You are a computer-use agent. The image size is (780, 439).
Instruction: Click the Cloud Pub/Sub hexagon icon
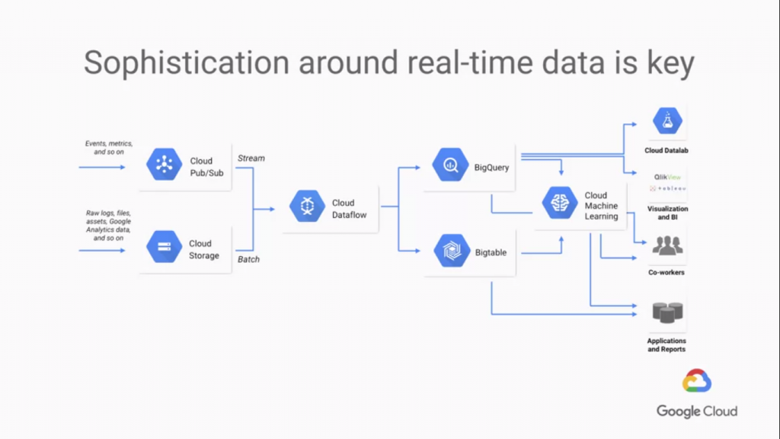coord(164,165)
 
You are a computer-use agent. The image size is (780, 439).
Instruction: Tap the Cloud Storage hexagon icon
coord(164,247)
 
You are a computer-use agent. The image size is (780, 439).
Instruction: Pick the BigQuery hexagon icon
coord(449,165)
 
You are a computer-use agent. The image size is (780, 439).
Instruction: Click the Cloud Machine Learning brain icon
coord(559,203)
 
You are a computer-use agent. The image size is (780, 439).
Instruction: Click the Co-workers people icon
coord(667,246)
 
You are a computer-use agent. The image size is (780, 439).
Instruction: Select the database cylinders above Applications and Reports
coord(667,312)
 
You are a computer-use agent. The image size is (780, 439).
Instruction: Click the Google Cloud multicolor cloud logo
coord(697,381)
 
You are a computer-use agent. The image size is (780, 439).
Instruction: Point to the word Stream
coord(251,159)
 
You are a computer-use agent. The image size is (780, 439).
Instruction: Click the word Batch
coord(248,259)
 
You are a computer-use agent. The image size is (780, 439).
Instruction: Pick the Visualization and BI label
coord(667,213)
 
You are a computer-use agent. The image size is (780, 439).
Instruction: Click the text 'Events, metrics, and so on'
coord(108,147)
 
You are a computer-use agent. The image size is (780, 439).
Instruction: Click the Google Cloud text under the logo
coord(697,412)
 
